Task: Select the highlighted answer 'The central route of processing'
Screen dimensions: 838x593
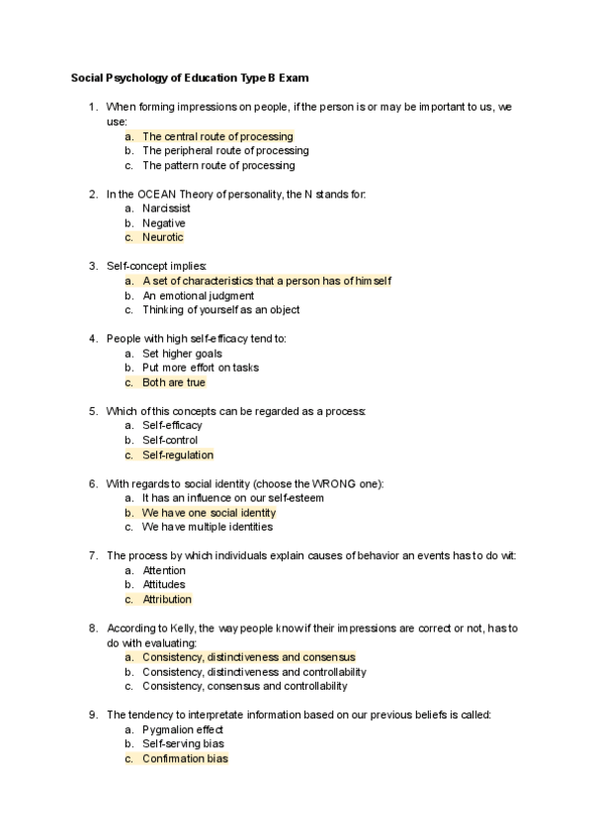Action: point(217,136)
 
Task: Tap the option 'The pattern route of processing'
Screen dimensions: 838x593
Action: point(218,165)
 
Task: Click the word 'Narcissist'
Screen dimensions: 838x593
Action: point(167,209)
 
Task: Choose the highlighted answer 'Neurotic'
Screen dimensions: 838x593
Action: point(163,237)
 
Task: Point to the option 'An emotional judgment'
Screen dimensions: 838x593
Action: point(198,295)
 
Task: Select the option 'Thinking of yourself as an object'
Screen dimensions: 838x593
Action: point(221,309)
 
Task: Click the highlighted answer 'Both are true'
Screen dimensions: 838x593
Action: point(174,382)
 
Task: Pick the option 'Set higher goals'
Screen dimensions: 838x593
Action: point(182,353)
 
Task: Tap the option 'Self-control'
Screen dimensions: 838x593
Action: point(170,440)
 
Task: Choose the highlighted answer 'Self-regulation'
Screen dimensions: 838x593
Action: point(178,455)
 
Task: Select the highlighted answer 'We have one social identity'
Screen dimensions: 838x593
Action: point(209,513)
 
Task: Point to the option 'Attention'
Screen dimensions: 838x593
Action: point(164,570)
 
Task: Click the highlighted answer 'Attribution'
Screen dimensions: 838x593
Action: point(167,599)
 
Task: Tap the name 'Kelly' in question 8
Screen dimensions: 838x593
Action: point(182,628)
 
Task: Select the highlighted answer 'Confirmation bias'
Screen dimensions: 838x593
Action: point(185,759)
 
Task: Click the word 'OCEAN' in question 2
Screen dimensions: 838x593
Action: point(152,195)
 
